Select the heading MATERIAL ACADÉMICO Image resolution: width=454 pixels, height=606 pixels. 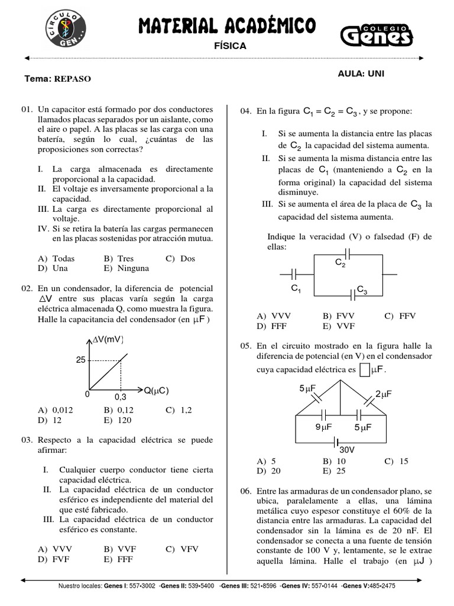pyautogui.click(x=227, y=25)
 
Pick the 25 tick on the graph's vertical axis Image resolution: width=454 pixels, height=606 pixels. pyautogui.click(x=80, y=360)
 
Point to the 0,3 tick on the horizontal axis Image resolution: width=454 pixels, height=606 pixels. pyautogui.click(x=120, y=397)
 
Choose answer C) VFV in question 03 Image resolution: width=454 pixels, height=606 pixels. pyautogui.click(x=182, y=549)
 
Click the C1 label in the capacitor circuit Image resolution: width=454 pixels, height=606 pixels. pyautogui.click(x=296, y=289)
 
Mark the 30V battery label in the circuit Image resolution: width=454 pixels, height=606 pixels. pyautogui.click(x=347, y=450)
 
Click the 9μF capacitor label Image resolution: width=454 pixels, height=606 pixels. pyautogui.click(x=322, y=427)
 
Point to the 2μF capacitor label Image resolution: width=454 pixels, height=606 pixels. pyautogui.click(x=384, y=394)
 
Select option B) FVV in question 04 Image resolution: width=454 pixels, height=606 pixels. pyautogui.click(x=336, y=316)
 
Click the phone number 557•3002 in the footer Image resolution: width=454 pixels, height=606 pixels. pyautogui.click(x=142, y=586)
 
